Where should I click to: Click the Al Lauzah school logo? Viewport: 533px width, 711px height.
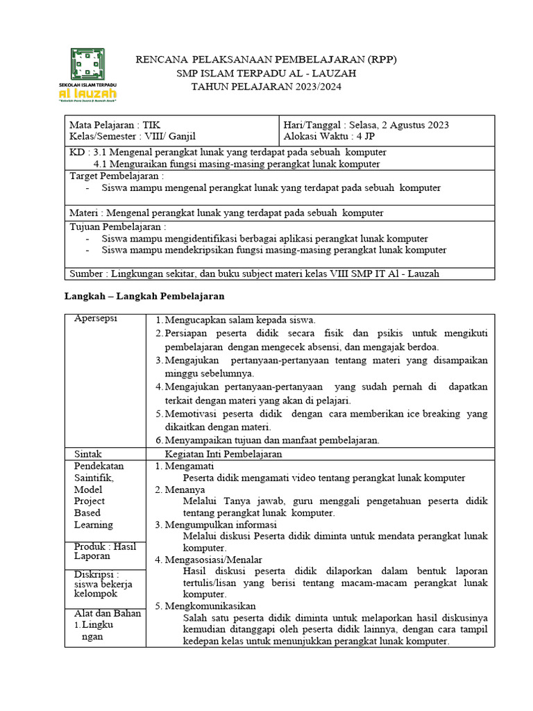87,75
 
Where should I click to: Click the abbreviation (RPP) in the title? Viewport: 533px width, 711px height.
380,60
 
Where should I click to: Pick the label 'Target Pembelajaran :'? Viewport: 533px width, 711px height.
117,176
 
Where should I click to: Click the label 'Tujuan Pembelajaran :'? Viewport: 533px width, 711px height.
118,226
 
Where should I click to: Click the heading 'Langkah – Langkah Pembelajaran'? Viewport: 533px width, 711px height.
144,296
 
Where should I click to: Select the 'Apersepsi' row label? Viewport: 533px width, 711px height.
96,319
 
